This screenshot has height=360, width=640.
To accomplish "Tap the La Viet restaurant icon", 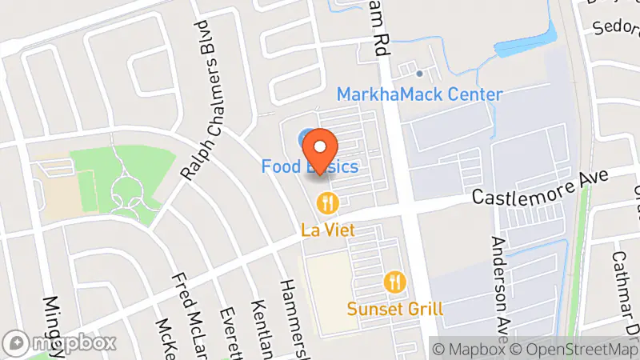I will tap(326, 203).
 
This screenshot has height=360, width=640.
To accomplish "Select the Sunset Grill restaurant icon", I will tap(395, 282).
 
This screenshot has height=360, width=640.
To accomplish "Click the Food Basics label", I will tap(310, 167).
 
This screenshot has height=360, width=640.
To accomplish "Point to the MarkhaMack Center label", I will tap(419, 94).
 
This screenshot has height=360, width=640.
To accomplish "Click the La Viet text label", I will tap(328, 230).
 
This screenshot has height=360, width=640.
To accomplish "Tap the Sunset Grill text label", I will tap(395, 308).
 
